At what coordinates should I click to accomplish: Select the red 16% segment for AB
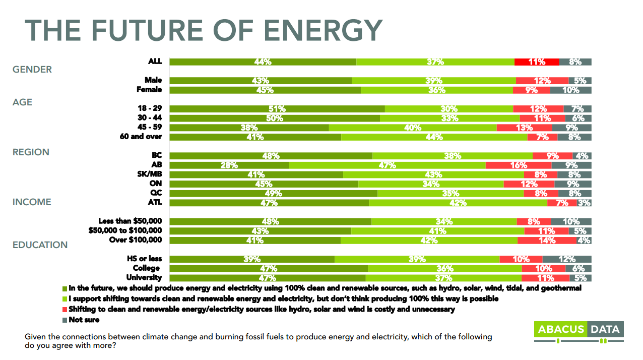coord(519,165)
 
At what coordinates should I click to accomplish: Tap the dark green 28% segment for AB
coord(229,165)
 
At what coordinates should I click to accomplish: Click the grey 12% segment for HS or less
coord(566,259)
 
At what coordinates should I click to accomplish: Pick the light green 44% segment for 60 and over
coord(434,137)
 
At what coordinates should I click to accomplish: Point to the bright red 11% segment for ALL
coord(537,62)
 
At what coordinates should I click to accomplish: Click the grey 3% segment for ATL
coord(584,203)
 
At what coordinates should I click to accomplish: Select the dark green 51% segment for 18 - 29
coord(277,108)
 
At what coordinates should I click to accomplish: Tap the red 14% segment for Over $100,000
coord(547,241)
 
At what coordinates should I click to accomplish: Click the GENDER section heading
coord(32,70)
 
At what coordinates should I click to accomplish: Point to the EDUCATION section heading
coord(40,245)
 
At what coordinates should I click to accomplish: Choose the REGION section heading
coord(31,152)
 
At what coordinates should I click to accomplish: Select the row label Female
coord(149,89)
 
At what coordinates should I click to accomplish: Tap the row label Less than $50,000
coord(130,221)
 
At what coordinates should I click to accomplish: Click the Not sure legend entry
coord(84,320)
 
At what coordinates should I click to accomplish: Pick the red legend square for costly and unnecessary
coord(65,310)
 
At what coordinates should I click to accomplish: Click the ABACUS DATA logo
coord(578,330)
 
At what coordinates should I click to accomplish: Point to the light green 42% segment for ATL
coord(458,203)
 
